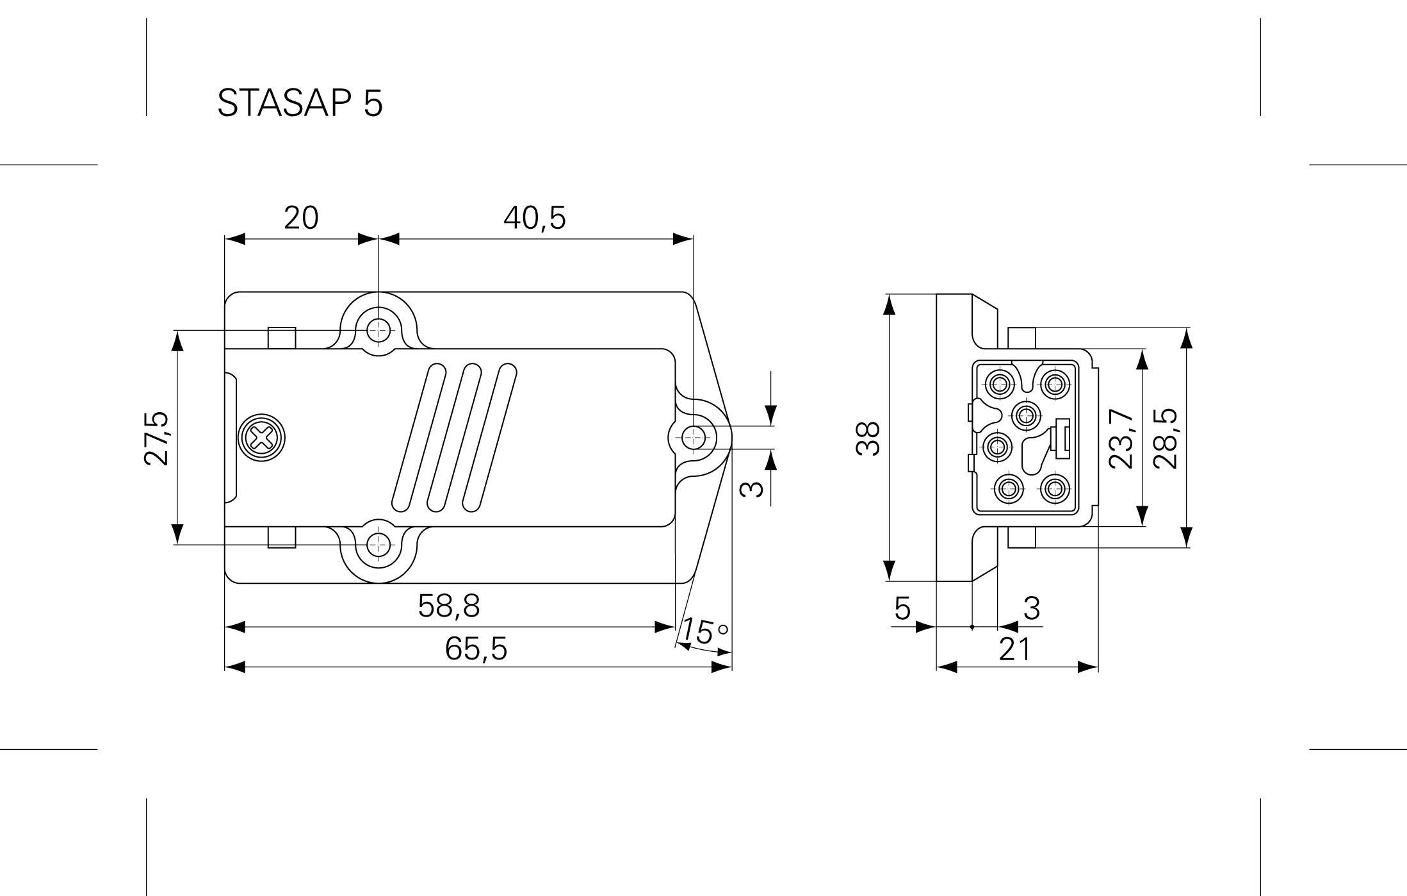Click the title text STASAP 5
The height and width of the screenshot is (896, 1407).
pyautogui.click(x=300, y=103)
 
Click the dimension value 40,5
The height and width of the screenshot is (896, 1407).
pyautogui.click(x=535, y=219)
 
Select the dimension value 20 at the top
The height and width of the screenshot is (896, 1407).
pyautogui.click(x=301, y=219)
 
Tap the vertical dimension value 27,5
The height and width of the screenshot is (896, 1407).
pyautogui.click(x=156, y=438)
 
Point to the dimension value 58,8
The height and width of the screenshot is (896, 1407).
pyautogui.click(x=448, y=606)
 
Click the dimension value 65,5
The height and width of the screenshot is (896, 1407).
pyautogui.click(x=476, y=649)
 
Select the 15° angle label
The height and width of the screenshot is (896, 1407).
pyautogui.click(x=703, y=631)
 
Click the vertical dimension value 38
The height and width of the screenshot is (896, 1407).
pyautogui.click(x=868, y=438)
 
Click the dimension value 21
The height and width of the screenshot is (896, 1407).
pyautogui.click(x=1016, y=649)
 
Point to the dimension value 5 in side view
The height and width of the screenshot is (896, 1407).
pyautogui.click(x=902, y=608)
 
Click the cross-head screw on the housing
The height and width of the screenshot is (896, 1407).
pyautogui.click(x=261, y=439)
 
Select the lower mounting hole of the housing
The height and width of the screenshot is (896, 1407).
pyautogui.click(x=378, y=545)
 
